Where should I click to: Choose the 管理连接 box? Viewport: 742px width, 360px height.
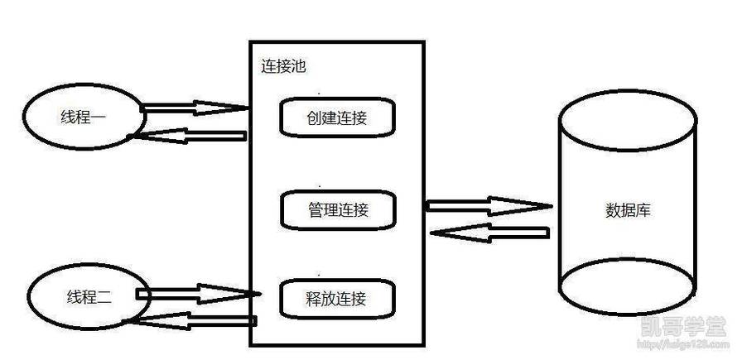tap(337, 210)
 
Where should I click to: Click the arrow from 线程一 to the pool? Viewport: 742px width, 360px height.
tap(195, 107)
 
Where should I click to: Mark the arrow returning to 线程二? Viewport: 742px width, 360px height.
tap(195, 319)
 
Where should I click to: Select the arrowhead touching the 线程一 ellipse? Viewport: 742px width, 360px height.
tap(145, 133)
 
